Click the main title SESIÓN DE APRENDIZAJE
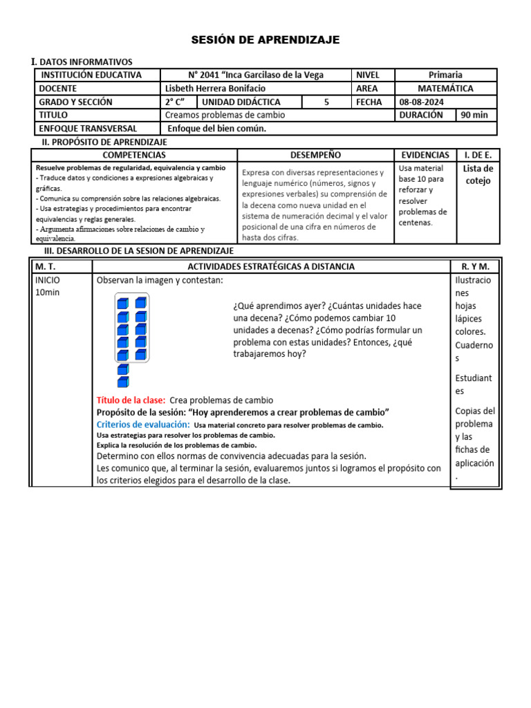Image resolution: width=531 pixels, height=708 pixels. point(265,40)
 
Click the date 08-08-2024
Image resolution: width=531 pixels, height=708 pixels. point(422,102)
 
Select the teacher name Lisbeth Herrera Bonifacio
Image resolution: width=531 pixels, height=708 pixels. point(215,88)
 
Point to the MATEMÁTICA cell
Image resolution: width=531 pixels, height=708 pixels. point(446,88)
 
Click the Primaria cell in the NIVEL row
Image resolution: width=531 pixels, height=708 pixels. point(445,75)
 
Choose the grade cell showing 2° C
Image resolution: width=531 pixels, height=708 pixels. point(175,102)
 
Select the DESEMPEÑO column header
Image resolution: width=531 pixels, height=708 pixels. point(315,156)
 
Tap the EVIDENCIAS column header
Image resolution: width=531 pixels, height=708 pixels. point(425,156)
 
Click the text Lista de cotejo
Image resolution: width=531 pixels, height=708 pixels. point(478,174)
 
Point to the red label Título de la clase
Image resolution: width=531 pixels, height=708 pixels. point(131,400)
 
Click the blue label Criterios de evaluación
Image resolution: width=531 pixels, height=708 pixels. point(142,424)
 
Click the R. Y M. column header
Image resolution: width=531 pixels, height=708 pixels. point(474,266)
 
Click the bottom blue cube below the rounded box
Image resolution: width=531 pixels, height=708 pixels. point(122,382)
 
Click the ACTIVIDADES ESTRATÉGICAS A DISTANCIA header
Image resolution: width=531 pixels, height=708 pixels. point(271,266)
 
